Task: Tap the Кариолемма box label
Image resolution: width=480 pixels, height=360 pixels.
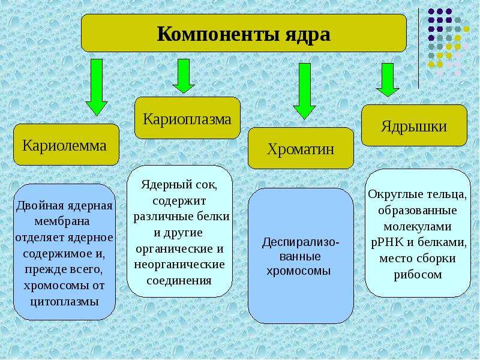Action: [x=65, y=145]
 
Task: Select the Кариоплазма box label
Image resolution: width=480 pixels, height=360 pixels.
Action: [x=187, y=119]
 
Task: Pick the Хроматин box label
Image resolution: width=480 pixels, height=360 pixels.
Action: [x=301, y=149]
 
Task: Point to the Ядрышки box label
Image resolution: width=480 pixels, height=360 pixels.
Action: [x=414, y=127]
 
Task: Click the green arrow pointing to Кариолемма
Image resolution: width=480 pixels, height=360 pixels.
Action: [x=97, y=87]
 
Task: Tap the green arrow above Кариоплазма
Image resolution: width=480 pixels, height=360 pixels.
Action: [x=184, y=76]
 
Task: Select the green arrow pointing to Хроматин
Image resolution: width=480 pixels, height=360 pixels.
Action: [x=304, y=91]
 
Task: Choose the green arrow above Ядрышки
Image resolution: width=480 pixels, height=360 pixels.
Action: [x=388, y=80]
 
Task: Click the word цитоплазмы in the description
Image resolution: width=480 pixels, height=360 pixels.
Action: [x=65, y=302]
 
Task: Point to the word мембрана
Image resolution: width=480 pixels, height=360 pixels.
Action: [x=62, y=221]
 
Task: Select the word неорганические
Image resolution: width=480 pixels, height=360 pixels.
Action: [x=179, y=265]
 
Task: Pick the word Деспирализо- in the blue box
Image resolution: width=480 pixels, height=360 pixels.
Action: [x=301, y=242]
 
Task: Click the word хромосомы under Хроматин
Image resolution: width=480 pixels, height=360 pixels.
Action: [x=298, y=271]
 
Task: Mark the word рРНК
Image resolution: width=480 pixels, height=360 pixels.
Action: [x=386, y=243]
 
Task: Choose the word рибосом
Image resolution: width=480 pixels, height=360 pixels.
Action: [x=418, y=275]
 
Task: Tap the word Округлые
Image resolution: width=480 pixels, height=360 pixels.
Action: [x=391, y=194]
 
